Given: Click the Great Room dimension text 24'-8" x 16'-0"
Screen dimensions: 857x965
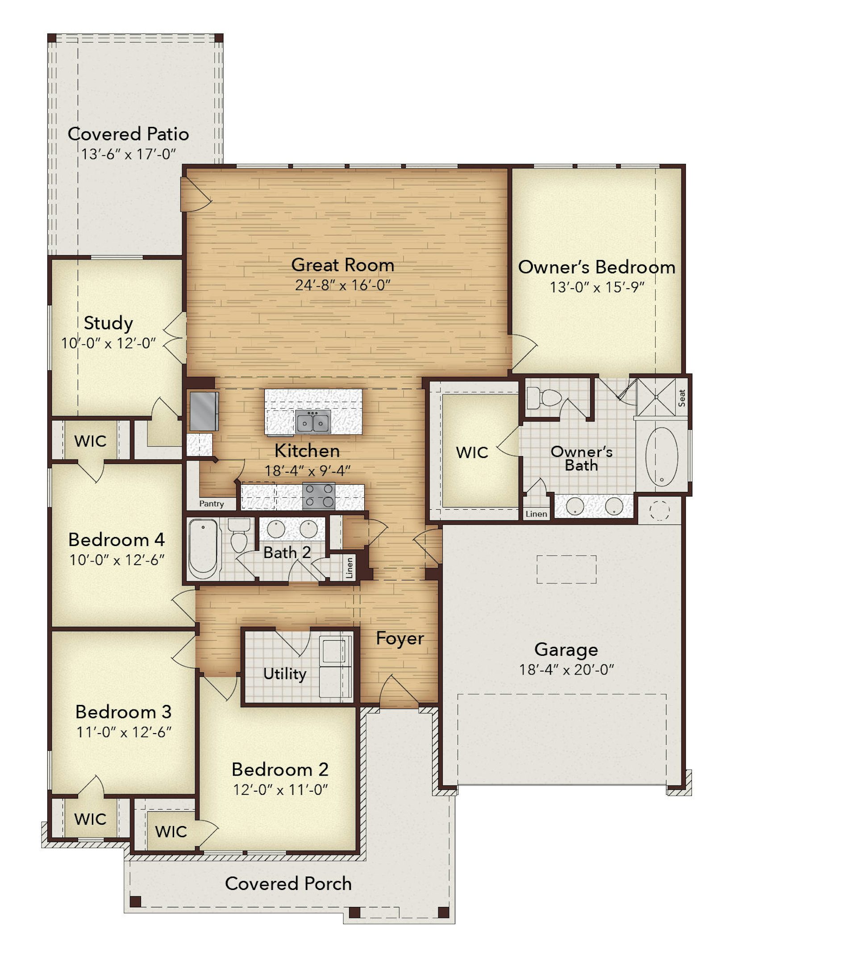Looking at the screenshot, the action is pos(343,285).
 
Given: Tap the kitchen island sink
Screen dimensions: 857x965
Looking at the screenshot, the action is pos(313,422).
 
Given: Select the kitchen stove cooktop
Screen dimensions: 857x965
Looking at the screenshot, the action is pos(319,495).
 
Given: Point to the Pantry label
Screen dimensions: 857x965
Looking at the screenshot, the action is pos(211,504).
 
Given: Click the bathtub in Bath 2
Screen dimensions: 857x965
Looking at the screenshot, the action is pos(203,549).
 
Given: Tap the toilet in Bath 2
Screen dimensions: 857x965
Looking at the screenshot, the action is pos(239,535).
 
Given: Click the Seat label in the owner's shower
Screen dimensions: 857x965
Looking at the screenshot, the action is pos(682,398).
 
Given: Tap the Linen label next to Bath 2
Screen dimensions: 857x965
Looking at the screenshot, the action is pos(349,567).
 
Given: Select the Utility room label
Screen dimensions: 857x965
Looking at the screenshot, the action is pos(285,674).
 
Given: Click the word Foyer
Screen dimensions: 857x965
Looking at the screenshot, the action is pos(400,639).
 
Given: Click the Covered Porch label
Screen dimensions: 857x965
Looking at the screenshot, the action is pos(288,884).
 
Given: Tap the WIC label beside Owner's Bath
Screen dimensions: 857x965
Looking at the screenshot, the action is pos(472,452).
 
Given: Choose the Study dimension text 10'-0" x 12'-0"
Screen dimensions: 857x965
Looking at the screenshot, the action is pos(108,343).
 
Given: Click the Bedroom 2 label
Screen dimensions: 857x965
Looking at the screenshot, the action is pos(280,770).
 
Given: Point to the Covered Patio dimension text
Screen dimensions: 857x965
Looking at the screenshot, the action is pos(128,154).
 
